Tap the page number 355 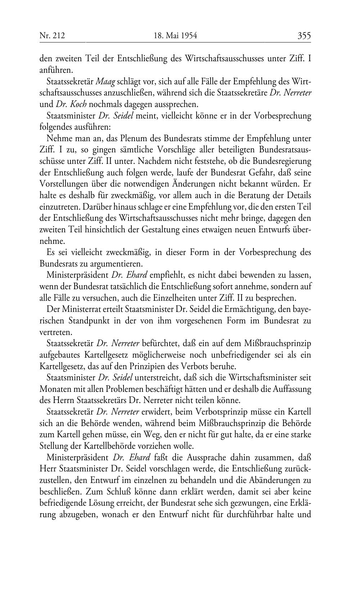(x=304, y=36)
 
